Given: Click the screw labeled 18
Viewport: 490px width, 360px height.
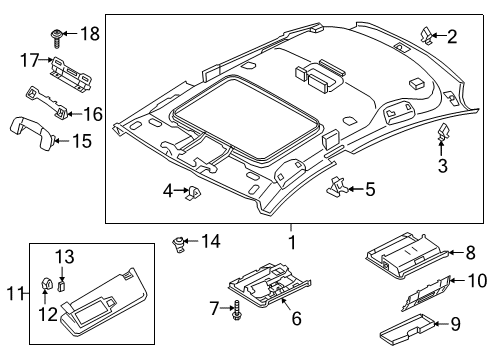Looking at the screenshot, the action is click(x=56, y=38).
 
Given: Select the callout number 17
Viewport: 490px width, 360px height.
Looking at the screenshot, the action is click(x=30, y=60).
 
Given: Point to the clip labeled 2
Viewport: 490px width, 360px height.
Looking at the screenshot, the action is click(x=426, y=36).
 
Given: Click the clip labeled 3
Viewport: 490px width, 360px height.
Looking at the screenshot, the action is click(x=442, y=133).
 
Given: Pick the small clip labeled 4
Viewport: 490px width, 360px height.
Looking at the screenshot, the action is click(x=194, y=193).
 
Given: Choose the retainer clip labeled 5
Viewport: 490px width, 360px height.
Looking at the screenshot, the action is click(x=337, y=187).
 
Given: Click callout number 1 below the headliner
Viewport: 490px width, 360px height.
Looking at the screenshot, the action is click(x=292, y=242).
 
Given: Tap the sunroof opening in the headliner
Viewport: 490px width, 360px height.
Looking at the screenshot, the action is click(x=247, y=118).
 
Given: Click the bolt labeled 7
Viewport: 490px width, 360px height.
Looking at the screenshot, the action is click(x=237, y=310).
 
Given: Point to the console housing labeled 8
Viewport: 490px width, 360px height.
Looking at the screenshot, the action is click(x=407, y=255).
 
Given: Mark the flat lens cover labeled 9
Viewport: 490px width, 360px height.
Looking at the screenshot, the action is click(x=407, y=328).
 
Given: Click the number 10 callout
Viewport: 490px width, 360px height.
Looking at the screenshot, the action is click(x=478, y=281).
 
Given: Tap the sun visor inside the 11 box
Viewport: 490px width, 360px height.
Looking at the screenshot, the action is click(x=103, y=302).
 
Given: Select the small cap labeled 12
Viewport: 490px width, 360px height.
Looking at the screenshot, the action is click(x=47, y=284).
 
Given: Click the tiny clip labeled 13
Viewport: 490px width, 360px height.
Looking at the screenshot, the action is click(x=61, y=286).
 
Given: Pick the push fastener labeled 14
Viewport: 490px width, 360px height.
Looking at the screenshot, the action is click(x=178, y=244).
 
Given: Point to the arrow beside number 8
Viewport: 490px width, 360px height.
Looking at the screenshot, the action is click(x=455, y=252).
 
